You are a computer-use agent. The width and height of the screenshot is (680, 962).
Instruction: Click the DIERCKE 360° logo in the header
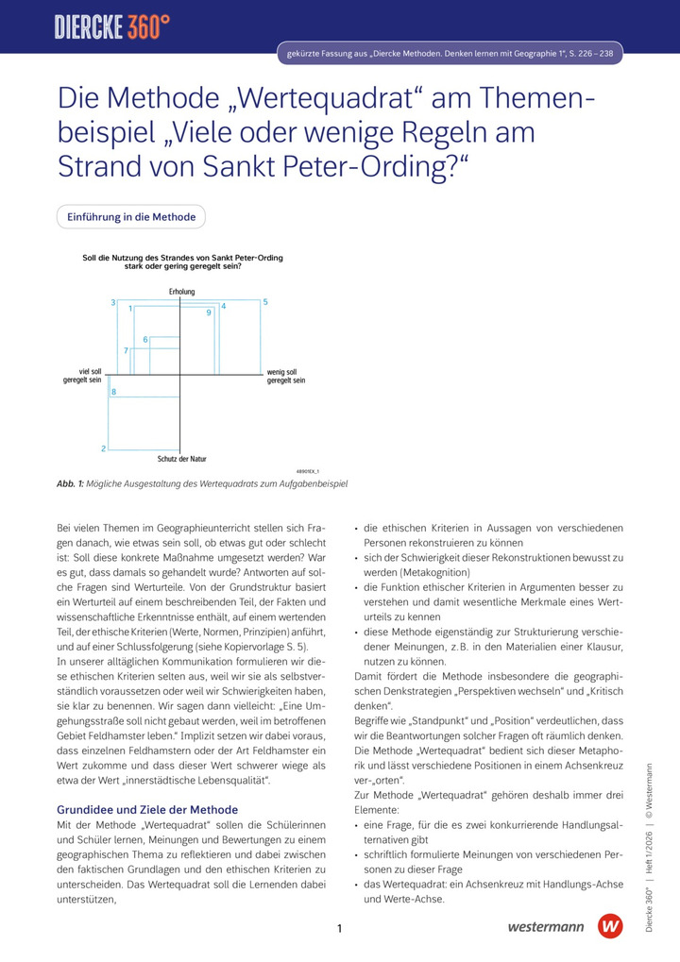pos(112,27)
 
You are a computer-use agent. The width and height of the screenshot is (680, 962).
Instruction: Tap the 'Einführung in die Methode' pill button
pos(131,217)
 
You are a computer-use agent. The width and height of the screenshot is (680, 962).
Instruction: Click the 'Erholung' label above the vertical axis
pos(181,292)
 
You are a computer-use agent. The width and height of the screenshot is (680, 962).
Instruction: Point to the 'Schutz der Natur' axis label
pos(181,459)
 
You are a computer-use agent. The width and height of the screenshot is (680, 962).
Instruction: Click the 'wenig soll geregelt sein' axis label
pos(286,376)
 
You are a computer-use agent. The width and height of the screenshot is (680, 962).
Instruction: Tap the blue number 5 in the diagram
pos(265,302)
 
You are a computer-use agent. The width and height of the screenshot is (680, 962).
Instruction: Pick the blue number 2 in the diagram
pos(104,448)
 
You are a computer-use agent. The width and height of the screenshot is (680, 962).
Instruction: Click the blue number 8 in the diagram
pos(113,392)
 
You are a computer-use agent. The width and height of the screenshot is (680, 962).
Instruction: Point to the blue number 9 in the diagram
pos(209,312)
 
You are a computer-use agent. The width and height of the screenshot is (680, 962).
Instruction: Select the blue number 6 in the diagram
pos(145,339)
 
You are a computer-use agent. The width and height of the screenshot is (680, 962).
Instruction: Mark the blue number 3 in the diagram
pos(112,303)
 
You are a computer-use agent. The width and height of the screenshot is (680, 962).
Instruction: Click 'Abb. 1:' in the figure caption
pos(70,483)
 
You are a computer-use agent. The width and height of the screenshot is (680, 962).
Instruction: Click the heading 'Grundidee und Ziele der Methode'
pos(147,809)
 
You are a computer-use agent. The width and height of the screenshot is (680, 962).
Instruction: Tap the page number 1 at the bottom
pos(339,929)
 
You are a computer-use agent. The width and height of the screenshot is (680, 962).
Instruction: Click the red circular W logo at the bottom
pos(611,926)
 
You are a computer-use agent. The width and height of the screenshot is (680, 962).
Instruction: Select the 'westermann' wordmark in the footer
pos(545,927)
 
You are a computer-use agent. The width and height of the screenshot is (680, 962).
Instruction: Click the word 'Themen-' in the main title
pos(527,99)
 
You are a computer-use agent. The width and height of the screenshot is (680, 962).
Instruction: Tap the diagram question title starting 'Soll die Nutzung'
pos(182,262)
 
